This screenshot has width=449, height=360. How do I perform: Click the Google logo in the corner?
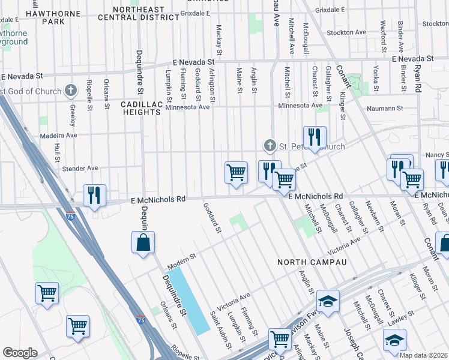point(19,352)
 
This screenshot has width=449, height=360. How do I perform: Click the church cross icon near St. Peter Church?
point(270,146)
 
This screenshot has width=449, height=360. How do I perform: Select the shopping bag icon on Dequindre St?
point(143,243)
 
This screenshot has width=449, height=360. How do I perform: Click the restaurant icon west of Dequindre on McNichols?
point(94,196)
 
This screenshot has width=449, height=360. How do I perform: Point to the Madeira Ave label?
point(59,136)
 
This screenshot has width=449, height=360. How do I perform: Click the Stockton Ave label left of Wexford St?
point(348,32)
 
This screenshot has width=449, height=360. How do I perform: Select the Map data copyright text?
point(423,355)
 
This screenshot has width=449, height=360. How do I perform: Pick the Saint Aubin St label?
point(220,329)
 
